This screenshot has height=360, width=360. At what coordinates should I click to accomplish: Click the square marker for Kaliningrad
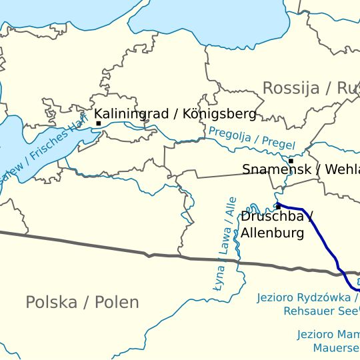[x=99, y=123]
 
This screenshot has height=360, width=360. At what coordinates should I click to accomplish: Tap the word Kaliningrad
[x=131, y=113]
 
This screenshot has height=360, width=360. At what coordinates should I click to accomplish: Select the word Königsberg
[x=219, y=113]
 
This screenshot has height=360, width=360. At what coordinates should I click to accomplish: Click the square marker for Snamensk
[x=291, y=161]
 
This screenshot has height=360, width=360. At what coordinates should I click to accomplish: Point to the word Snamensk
[x=275, y=169]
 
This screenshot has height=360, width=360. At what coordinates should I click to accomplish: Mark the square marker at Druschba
[x=278, y=207]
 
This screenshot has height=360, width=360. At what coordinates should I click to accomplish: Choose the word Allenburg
[x=272, y=233]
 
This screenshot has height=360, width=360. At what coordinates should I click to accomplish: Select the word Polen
[x=117, y=302]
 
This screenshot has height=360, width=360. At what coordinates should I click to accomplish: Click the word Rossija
[x=291, y=88]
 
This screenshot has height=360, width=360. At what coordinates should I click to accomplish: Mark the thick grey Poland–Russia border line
[x=100, y=244]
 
